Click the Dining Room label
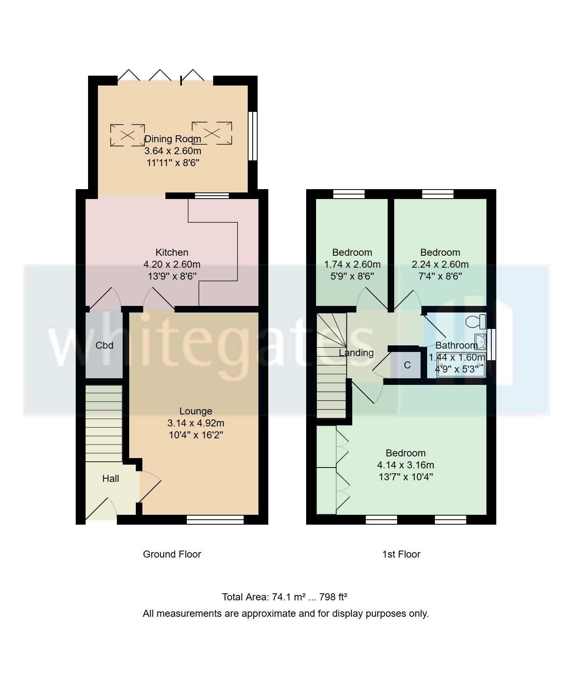click(x=173, y=139)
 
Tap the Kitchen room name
click(x=172, y=252)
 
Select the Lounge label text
click(x=196, y=411)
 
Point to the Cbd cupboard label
click(x=104, y=345)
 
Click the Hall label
click(x=110, y=479)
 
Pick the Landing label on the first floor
click(x=356, y=353)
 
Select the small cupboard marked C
click(x=407, y=365)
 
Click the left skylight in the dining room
click(x=128, y=135)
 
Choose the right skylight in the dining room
click(x=212, y=133)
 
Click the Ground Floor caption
click(x=172, y=554)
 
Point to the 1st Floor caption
click(x=401, y=554)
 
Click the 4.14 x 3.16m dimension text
click(x=406, y=465)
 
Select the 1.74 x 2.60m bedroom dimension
click(x=352, y=264)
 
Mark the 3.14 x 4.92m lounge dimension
click(x=196, y=423)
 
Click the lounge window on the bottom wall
click(x=215, y=520)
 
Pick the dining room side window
click(x=253, y=136)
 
